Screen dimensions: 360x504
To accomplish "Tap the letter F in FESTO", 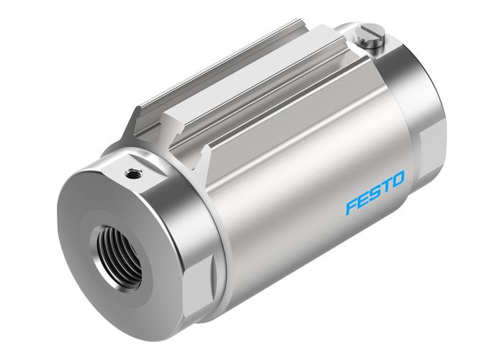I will [351, 206].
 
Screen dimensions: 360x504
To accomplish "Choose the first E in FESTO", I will [364, 199].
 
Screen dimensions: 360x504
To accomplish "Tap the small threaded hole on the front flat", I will [132, 172].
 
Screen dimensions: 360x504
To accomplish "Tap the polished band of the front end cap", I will [180, 216].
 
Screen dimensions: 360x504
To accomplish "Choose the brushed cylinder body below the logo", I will [310, 245].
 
